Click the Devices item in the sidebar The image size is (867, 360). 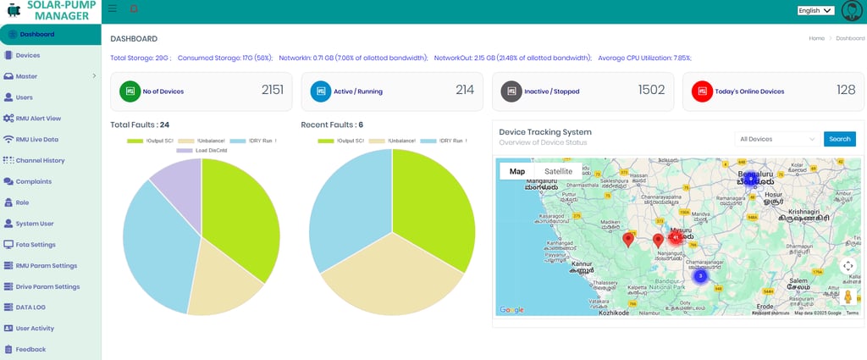coord(28,55)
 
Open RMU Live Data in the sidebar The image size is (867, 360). coord(36,139)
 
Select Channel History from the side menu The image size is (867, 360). coord(40,160)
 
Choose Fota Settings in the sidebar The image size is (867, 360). coord(36,244)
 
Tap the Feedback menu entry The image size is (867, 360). coord(30,349)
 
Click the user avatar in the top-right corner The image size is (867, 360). coord(851,11)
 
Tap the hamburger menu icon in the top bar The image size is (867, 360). coord(113,8)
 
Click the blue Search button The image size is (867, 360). coord(839,139)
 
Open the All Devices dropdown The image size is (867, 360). coord(777,139)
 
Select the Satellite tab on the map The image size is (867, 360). coord(558,171)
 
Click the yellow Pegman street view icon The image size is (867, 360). coord(848,296)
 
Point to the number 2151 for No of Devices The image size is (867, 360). coord(273,90)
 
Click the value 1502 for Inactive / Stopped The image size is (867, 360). coord(651,90)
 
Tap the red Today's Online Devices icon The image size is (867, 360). coord(702,91)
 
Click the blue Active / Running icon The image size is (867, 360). coord(320,91)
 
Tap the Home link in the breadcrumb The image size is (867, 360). coord(816,39)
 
